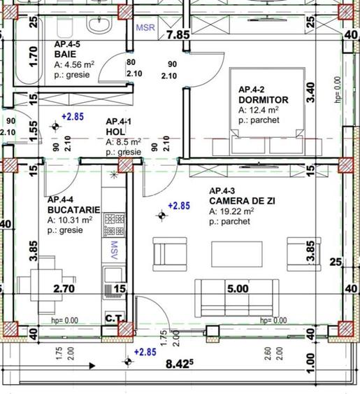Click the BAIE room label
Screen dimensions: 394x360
66,55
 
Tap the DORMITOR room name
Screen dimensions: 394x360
263,100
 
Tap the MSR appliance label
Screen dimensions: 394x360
145,29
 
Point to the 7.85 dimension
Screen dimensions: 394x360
178,34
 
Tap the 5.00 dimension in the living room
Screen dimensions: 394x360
237,288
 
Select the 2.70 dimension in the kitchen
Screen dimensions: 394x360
64,288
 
